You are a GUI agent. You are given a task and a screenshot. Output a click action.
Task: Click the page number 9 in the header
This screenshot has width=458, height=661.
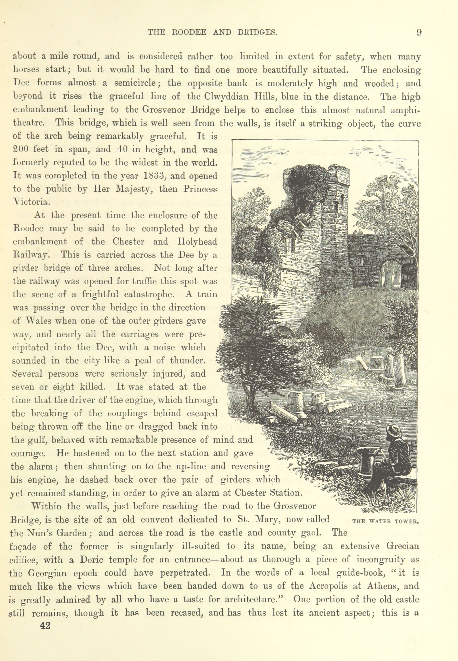tap(419, 32)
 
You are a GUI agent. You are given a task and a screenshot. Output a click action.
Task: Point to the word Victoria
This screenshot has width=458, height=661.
tap(32, 202)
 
